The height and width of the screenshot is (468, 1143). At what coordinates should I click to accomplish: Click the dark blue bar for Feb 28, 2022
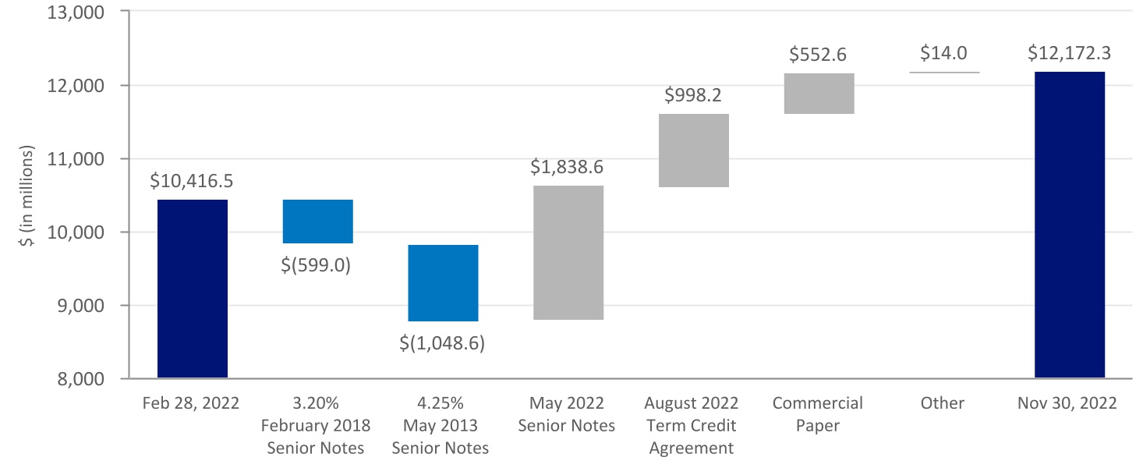tap(193, 289)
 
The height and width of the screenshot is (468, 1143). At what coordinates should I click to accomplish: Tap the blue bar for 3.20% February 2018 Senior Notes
tap(317, 222)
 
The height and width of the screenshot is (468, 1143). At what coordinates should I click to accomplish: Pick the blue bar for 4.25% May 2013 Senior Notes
tap(443, 283)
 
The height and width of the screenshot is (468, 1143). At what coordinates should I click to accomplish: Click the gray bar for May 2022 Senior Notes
tap(568, 253)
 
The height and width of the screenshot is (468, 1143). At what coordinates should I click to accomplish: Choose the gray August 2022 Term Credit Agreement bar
tap(693, 151)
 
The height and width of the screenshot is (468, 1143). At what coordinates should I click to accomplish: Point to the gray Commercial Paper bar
tap(819, 94)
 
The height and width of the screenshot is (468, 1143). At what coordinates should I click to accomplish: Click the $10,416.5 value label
tap(193, 182)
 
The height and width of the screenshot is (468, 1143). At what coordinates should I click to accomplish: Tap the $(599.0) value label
tap(317, 264)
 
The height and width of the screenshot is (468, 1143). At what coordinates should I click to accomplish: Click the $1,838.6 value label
tap(568, 167)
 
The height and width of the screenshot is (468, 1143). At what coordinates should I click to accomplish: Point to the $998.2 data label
tap(693, 95)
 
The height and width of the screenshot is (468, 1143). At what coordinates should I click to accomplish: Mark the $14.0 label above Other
tap(943, 53)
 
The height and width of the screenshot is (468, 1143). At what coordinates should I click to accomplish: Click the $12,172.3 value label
tap(1069, 53)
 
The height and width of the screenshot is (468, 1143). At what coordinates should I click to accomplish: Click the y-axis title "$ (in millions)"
tap(29, 195)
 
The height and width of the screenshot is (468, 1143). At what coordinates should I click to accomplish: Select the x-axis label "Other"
tap(943, 403)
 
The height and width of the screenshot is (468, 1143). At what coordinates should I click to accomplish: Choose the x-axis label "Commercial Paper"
tap(818, 414)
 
